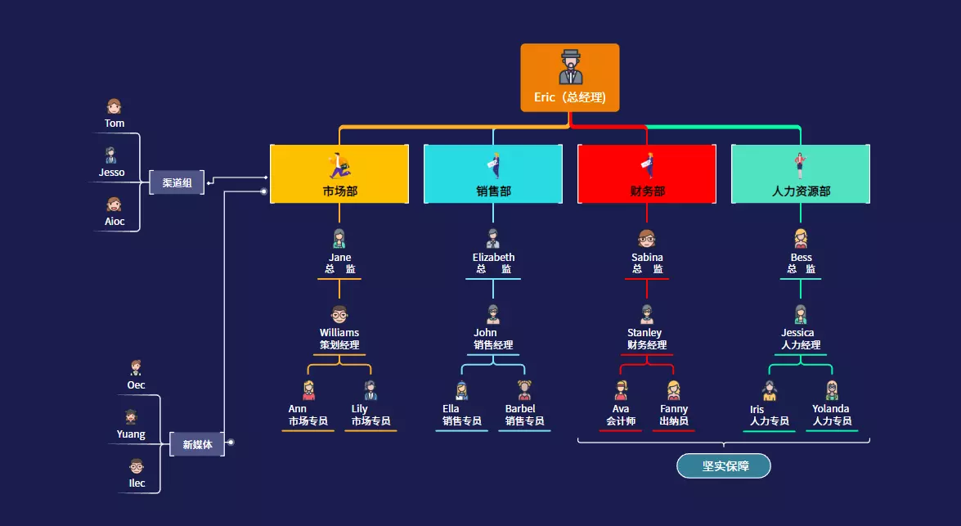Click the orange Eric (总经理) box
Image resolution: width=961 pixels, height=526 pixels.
569,78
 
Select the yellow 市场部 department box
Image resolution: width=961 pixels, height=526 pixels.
339,173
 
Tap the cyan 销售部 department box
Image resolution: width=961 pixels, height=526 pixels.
493,173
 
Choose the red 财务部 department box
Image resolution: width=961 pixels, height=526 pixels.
647,173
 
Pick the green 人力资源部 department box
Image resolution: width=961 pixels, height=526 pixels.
801,173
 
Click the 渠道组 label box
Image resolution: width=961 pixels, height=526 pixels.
176,182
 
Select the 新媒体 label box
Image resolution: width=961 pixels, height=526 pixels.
197,444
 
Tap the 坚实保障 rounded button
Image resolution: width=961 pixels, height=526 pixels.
724,465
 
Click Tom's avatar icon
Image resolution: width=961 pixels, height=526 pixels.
114,106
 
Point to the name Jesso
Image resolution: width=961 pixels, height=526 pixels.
112,173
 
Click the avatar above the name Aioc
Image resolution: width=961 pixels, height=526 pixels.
114,205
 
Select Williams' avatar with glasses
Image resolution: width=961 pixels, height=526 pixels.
339,314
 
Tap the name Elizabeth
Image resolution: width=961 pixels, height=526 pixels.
493,258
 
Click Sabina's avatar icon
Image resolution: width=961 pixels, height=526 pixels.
647,238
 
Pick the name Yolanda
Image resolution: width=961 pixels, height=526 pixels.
831,409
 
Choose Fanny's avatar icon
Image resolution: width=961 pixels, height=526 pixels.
674,390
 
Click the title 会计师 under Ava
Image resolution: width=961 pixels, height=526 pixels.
621,421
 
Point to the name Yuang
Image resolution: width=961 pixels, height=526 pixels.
131,434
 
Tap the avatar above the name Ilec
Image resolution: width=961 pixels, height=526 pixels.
137,466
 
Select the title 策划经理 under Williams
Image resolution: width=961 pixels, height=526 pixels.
339,345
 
